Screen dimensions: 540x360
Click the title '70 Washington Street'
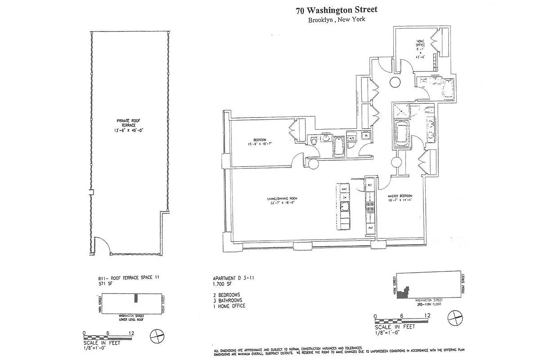[336, 10]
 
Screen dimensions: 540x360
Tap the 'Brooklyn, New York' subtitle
[336, 20]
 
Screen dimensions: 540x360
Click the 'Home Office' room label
[420, 43]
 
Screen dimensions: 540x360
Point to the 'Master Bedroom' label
[400, 196]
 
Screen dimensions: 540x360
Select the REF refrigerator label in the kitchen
[370, 185]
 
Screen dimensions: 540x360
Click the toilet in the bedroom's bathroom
[313, 140]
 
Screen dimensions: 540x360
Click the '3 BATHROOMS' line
[228, 300]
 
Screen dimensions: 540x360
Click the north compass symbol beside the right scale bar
[455, 317]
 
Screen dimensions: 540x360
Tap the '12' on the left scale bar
[131, 333]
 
